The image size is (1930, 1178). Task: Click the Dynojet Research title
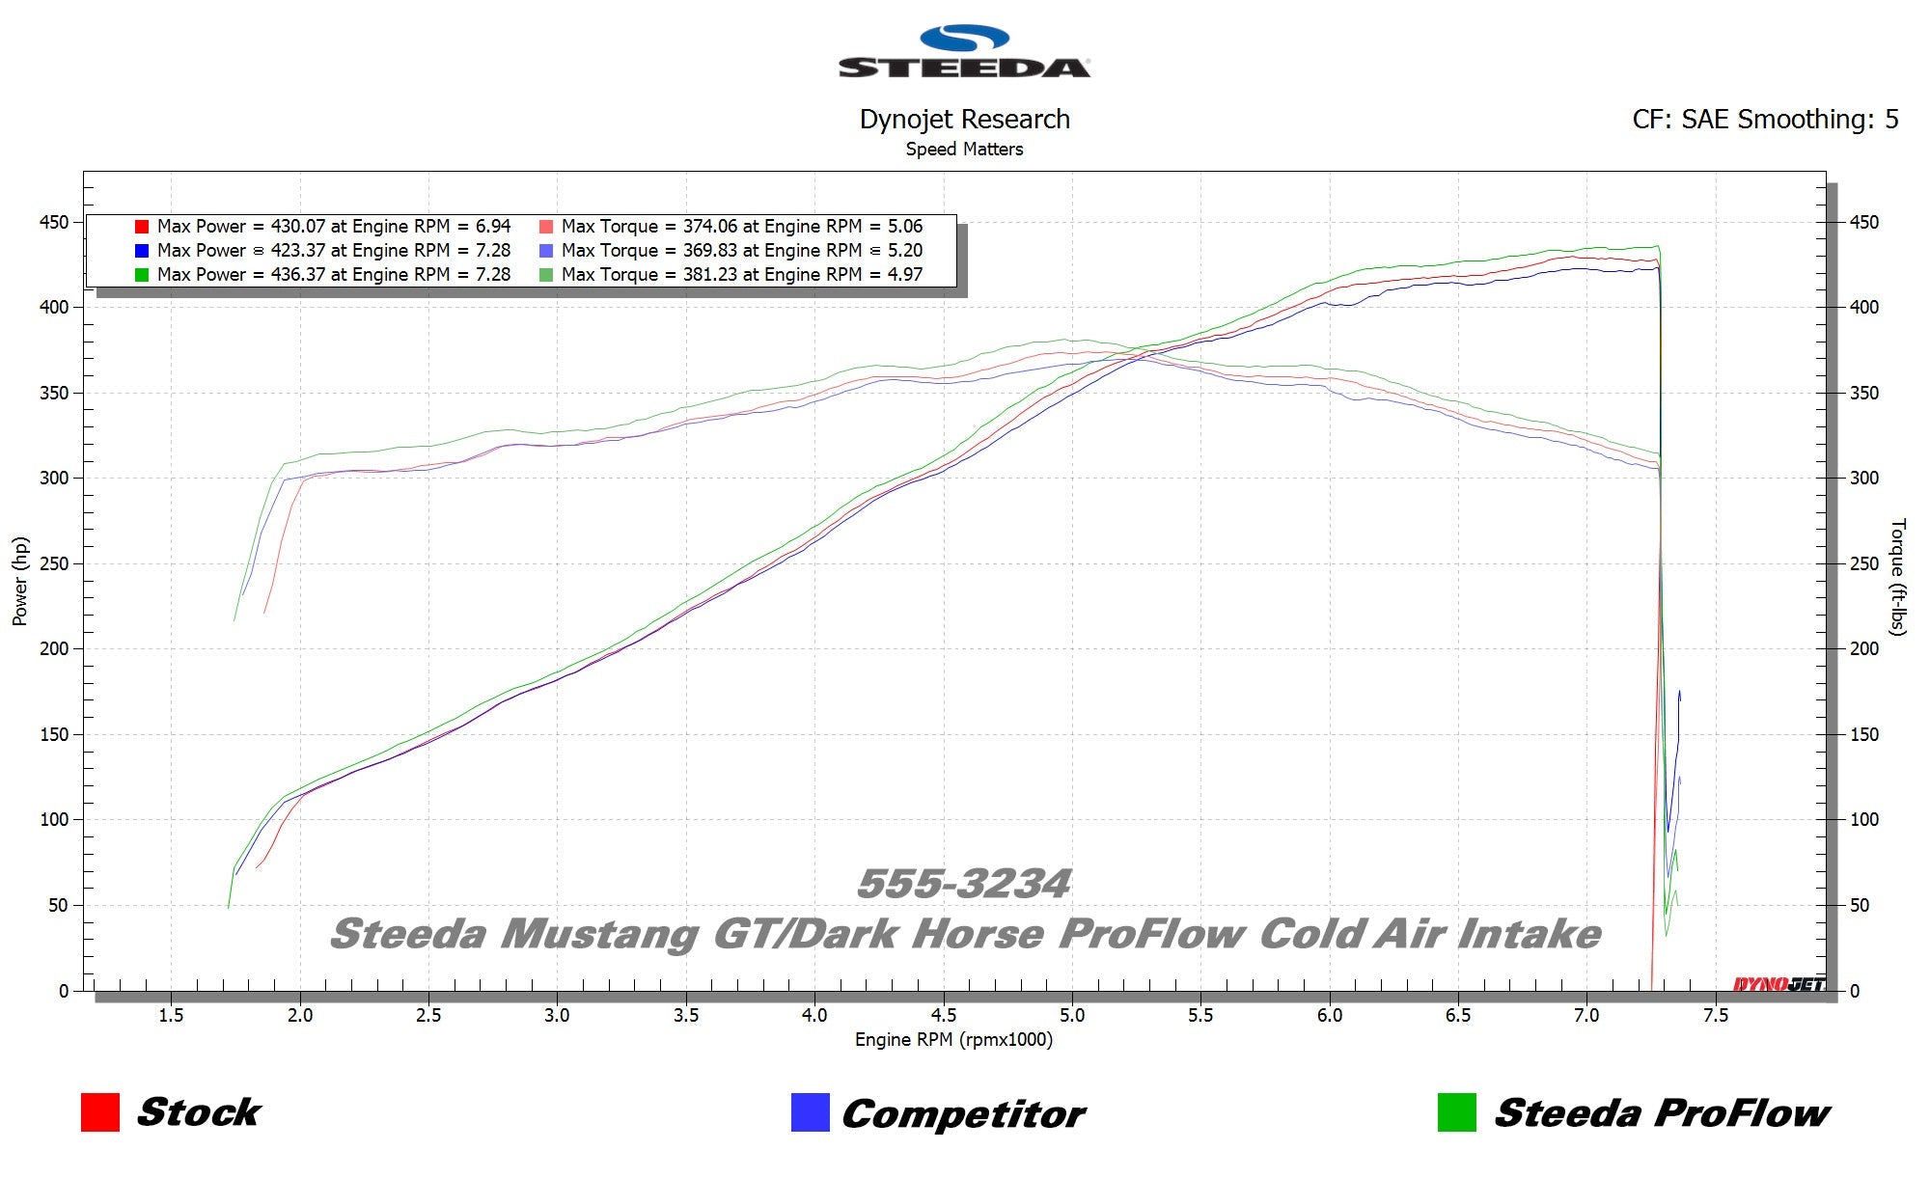tap(964, 120)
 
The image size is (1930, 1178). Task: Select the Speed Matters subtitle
tap(964, 150)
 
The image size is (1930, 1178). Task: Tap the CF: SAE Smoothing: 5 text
tap(1764, 120)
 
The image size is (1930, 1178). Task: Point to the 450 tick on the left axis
tap(54, 223)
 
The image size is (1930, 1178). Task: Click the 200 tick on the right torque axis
tap(1863, 649)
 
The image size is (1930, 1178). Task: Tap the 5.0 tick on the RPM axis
tap(1071, 1015)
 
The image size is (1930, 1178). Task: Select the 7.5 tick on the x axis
tap(1715, 1015)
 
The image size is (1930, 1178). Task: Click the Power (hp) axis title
tap(20, 581)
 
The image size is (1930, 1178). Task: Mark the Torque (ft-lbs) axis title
tap(1897, 577)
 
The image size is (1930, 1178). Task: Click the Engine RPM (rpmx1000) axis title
tap(953, 1040)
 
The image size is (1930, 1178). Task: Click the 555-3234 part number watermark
tap(964, 884)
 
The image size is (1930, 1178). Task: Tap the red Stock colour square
tap(100, 1112)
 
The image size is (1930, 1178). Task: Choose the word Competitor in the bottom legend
tap(963, 1114)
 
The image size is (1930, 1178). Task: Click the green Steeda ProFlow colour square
tap(1456, 1112)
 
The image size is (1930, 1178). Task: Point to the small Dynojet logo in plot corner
tap(1778, 984)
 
